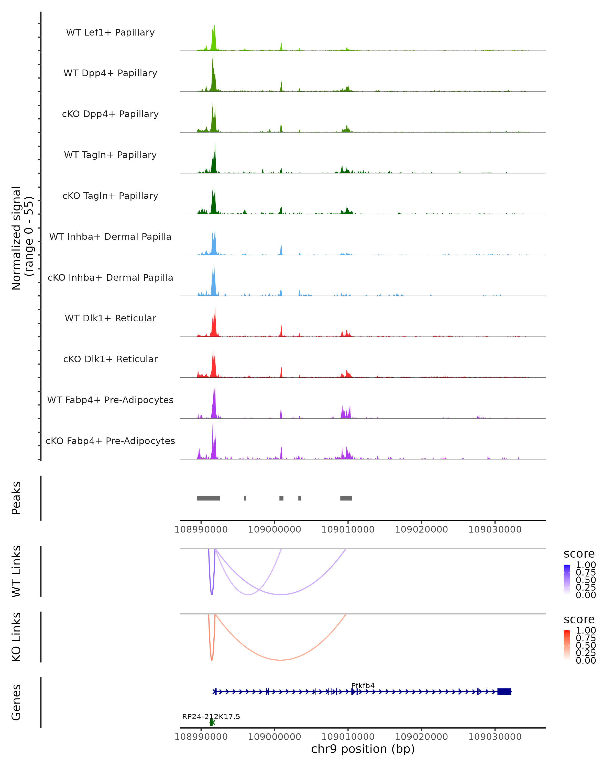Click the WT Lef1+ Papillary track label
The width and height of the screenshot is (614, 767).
110,32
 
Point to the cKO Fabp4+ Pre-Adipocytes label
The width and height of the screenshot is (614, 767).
110,441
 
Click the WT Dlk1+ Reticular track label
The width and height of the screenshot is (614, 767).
110,318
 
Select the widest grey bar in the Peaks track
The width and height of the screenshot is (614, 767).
209,498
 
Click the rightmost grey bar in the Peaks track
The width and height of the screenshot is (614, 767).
346,498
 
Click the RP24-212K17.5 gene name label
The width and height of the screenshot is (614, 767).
211,716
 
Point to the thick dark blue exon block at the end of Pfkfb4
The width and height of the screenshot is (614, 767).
504,692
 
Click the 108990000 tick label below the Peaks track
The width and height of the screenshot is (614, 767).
201,529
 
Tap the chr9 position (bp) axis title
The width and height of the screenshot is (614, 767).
363,749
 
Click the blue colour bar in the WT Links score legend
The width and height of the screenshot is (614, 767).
567,579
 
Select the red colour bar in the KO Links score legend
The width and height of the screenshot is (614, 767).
567,645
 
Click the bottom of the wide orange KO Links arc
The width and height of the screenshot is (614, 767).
281,660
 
